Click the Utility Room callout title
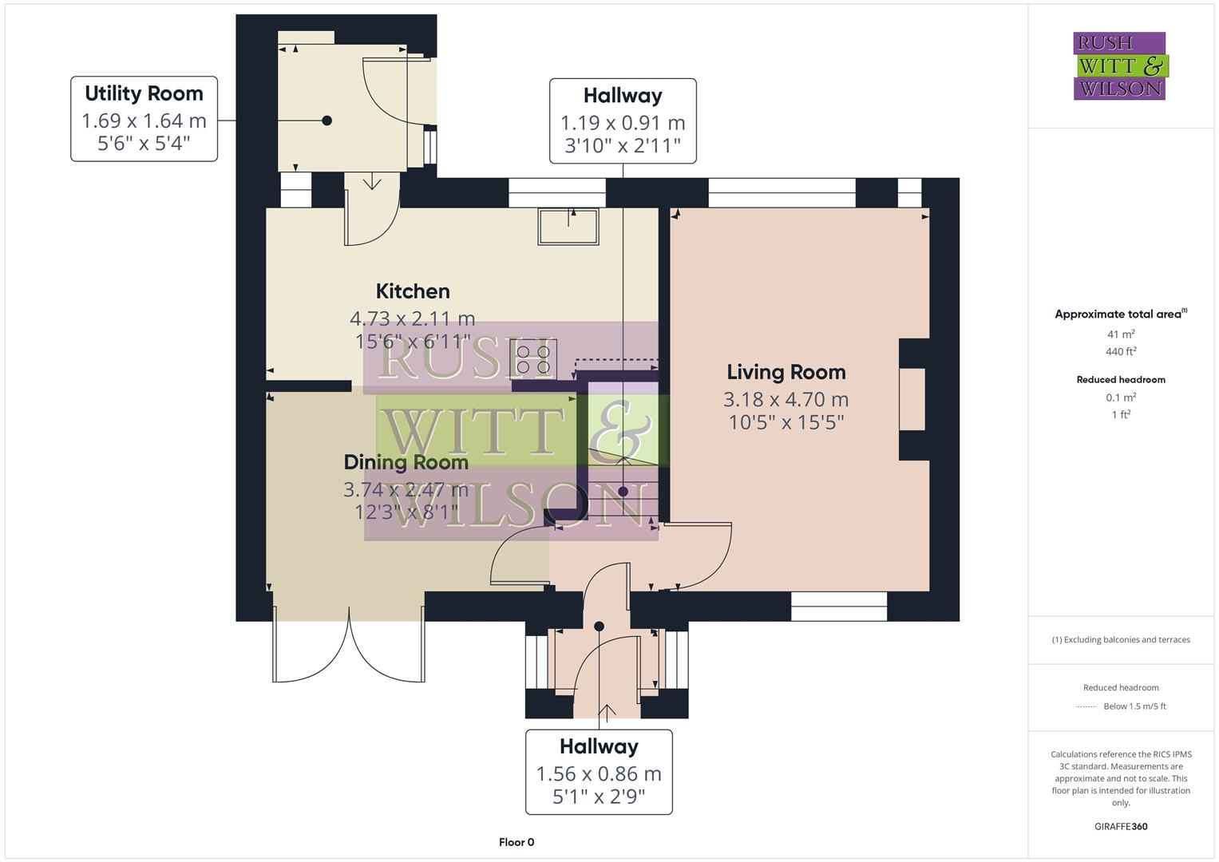pyautogui.click(x=144, y=93)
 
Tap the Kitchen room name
pyautogui.click(x=413, y=291)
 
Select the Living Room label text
pyautogui.click(x=786, y=372)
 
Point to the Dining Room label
pyautogui.click(x=406, y=462)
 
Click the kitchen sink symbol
pyautogui.click(x=568, y=226)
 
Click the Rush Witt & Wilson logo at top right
pyautogui.click(x=1120, y=66)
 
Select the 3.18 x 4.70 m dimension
pyautogui.click(x=786, y=399)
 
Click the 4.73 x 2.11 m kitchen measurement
pyautogui.click(x=413, y=318)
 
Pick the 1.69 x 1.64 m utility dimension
pyautogui.click(x=144, y=121)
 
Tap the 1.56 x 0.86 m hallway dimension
pyautogui.click(x=599, y=773)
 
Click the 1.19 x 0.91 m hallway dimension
pyautogui.click(x=623, y=123)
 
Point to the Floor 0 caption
pyautogui.click(x=516, y=842)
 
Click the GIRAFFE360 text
pyautogui.click(x=1121, y=826)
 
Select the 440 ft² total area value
pyautogui.click(x=1121, y=351)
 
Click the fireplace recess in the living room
pyautogui.click(x=913, y=399)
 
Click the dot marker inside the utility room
pyautogui.click(x=327, y=121)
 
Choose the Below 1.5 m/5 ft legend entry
pyautogui.click(x=1134, y=706)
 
